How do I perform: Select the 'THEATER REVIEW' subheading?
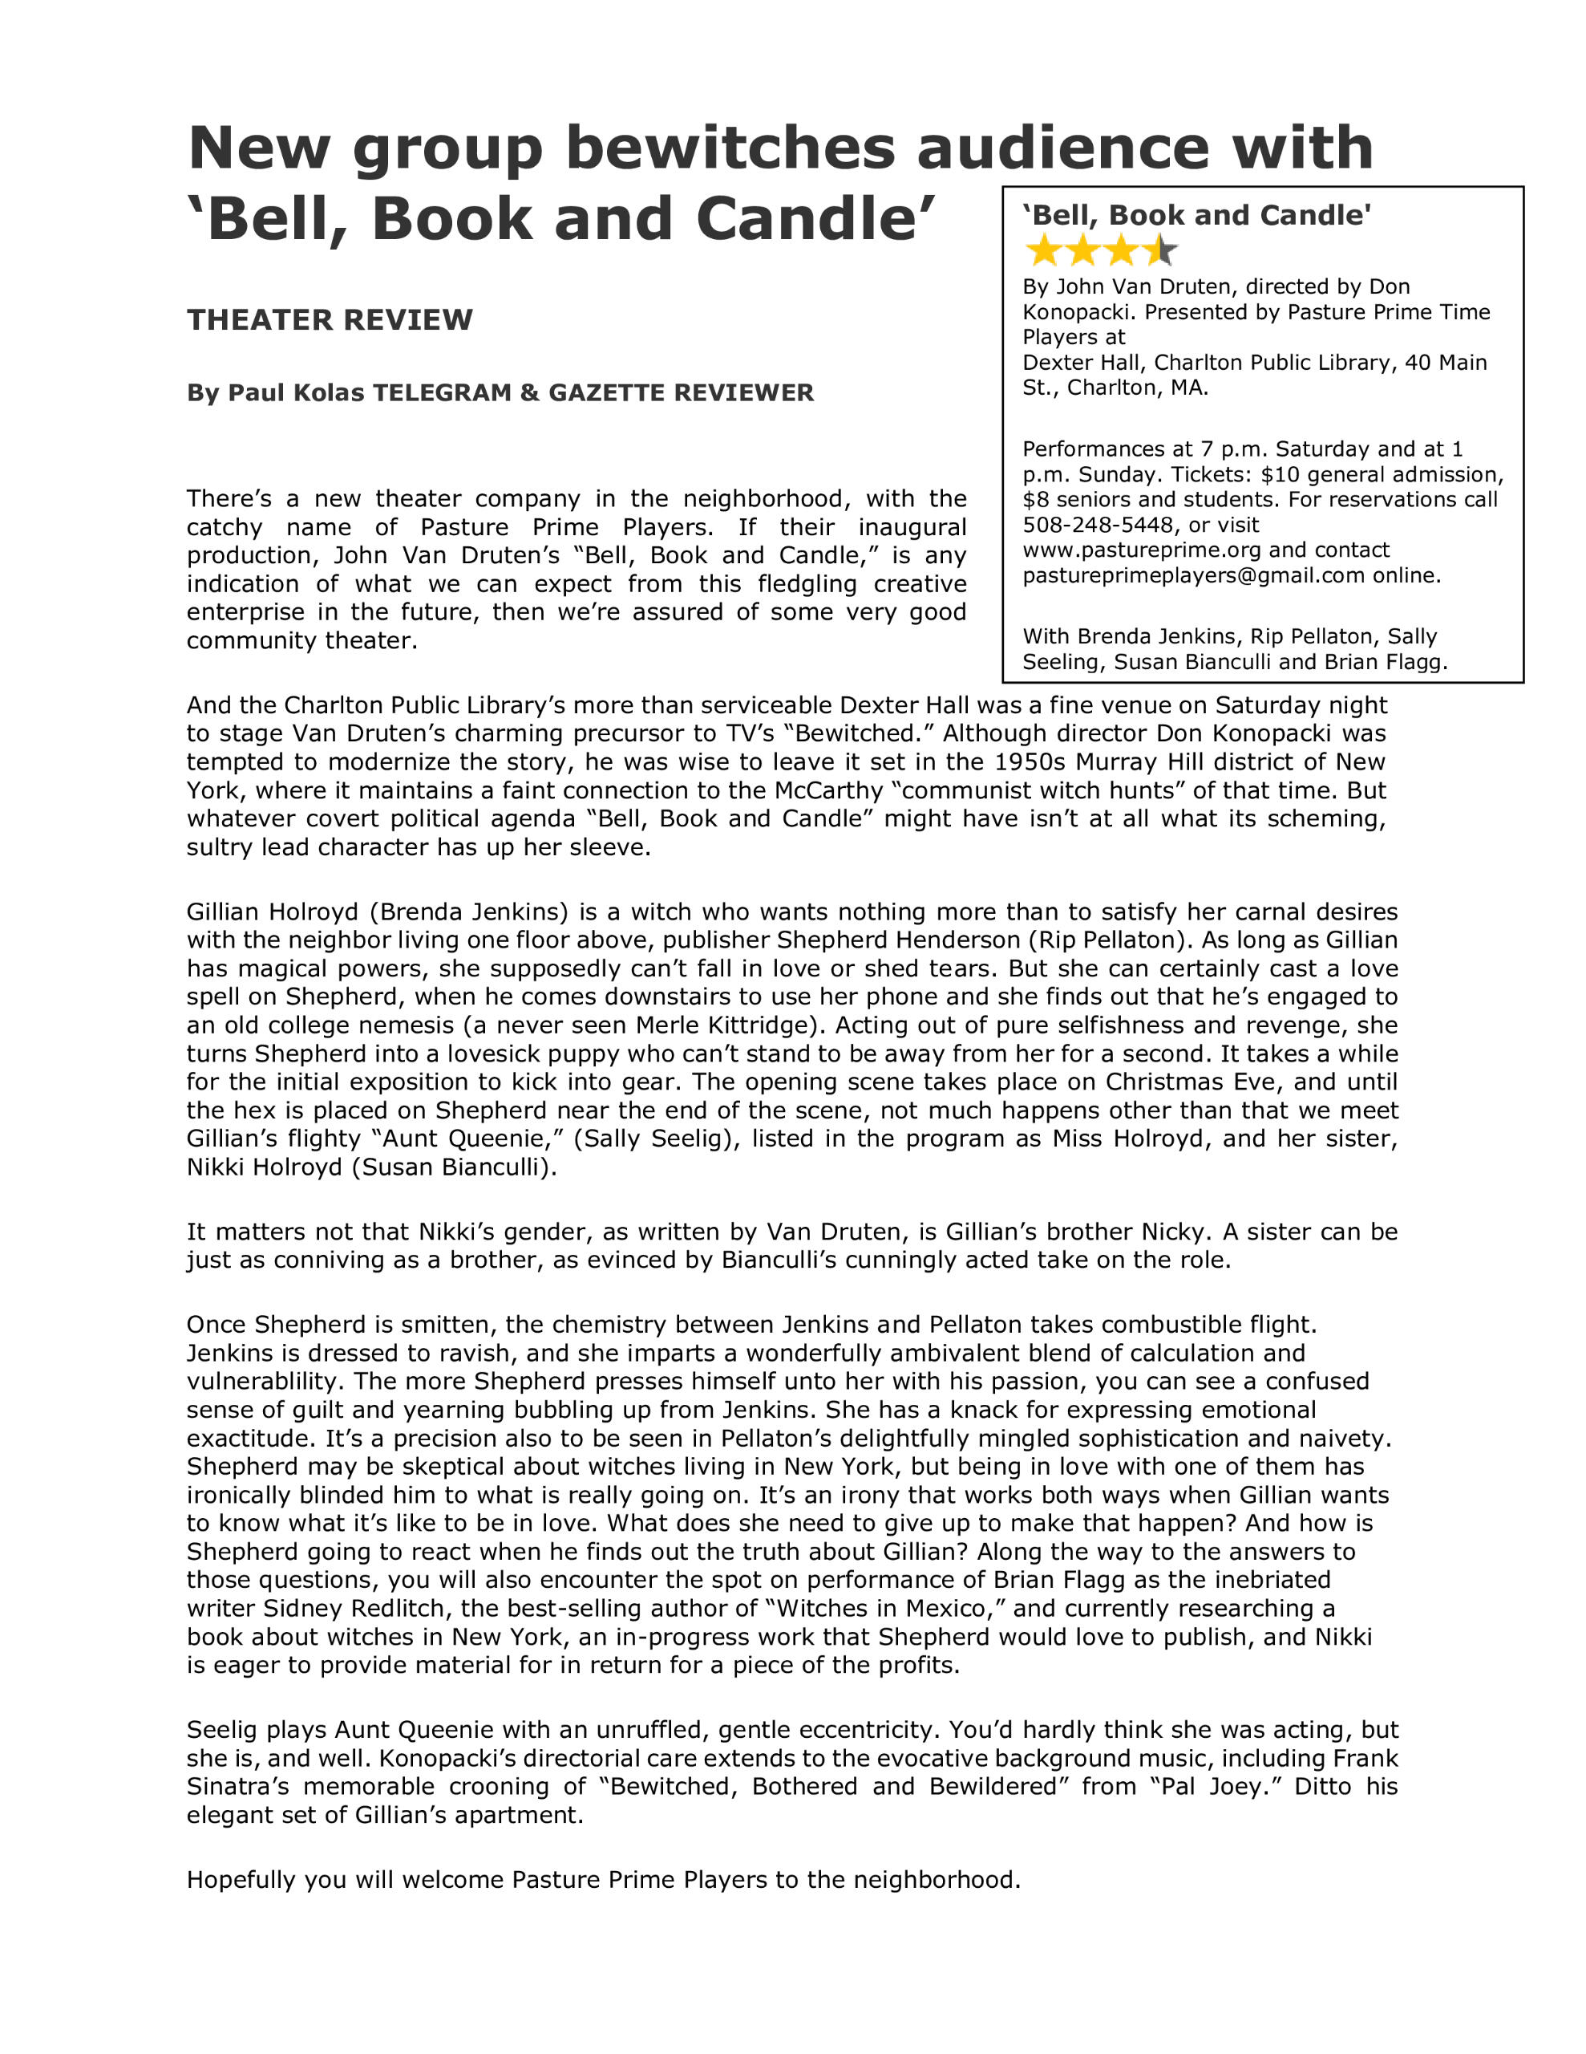(329, 320)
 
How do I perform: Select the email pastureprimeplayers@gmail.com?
(1193, 575)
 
